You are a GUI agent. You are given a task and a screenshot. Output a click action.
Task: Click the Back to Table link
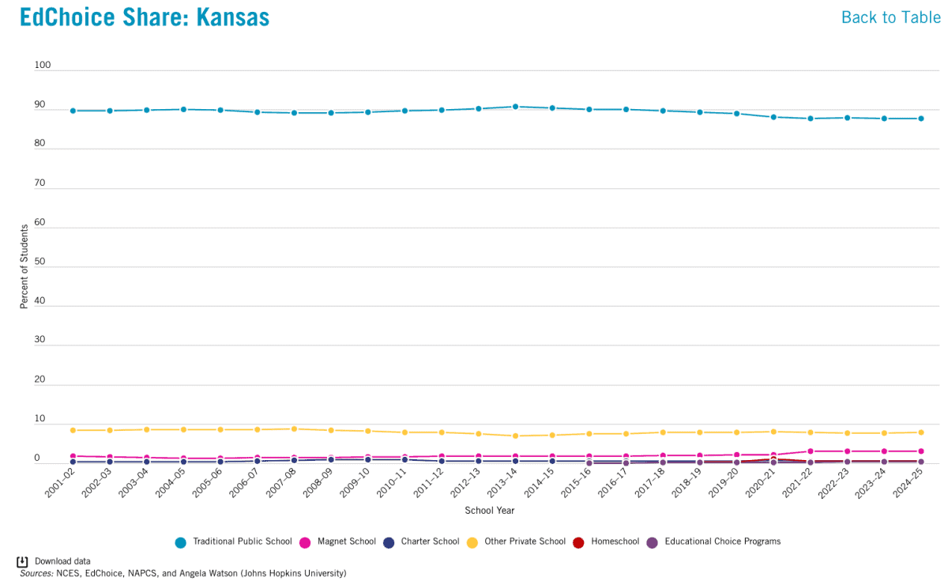point(890,17)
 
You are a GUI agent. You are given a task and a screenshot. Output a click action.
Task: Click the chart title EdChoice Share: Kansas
point(145,17)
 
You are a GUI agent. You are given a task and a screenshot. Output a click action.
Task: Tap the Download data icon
point(23,561)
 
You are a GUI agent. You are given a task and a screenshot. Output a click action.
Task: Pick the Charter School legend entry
point(422,541)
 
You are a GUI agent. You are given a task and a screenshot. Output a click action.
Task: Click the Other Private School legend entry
point(519,541)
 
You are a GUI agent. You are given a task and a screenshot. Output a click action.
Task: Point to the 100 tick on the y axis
point(43,66)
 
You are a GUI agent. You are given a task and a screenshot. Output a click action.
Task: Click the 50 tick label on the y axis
point(40,262)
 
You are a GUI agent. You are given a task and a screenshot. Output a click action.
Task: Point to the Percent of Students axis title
point(24,266)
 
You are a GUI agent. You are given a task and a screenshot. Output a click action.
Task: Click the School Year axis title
point(490,511)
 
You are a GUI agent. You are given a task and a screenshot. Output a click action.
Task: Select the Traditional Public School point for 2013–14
point(515,106)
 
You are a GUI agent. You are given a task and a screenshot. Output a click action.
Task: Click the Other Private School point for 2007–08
point(294,428)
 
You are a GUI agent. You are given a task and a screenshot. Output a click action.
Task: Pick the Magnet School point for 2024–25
point(920,451)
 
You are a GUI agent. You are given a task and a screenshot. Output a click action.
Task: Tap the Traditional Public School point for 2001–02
point(73,111)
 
